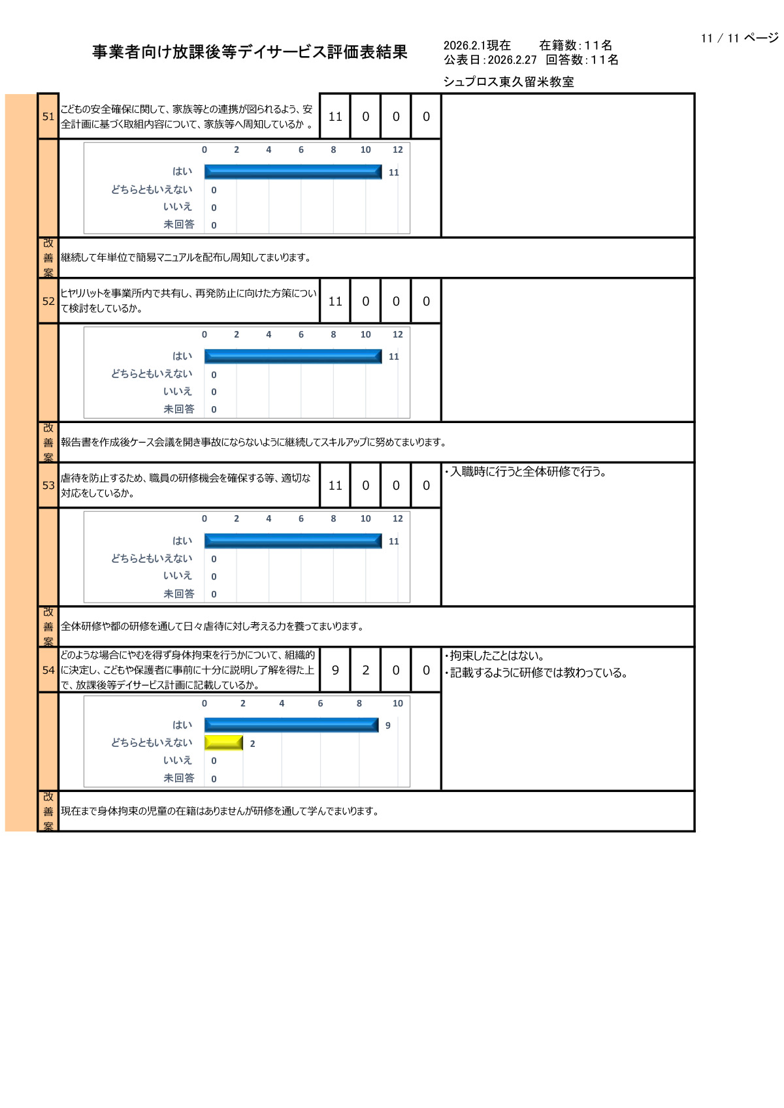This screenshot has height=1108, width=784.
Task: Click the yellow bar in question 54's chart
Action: pyautogui.click(x=223, y=742)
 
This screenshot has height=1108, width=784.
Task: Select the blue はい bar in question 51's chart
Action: pyautogui.click(x=293, y=172)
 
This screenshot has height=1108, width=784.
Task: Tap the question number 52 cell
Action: pyautogui.click(x=48, y=301)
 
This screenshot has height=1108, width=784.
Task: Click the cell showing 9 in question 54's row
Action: pyautogui.click(x=335, y=670)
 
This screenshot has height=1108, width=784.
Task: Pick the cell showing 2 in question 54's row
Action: pyautogui.click(x=366, y=670)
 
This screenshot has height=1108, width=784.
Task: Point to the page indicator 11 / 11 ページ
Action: pyautogui.click(x=739, y=38)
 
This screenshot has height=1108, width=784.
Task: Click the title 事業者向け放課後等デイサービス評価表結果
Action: pyautogui.click(x=250, y=52)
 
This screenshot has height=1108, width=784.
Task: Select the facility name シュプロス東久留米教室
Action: pyautogui.click(x=508, y=82)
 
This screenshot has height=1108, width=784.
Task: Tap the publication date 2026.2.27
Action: pyautogui.click(x=512, y=60)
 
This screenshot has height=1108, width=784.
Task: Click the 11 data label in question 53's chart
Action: pyautogui.click(x=393, y=541)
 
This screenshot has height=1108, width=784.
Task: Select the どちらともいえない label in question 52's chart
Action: pyautogui.click(x=152, y=373)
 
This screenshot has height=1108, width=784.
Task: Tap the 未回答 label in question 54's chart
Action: pyautogui.click(x=178, y=778)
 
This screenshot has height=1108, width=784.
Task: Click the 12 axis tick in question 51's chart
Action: pyautogui.click(x=397, y=150)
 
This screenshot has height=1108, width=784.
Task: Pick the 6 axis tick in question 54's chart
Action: pyautogui.click(x=320, y=703)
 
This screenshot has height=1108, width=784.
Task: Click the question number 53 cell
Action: pyautogui.click(x=48, y=485)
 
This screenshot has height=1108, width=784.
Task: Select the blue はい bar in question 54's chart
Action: pyautogui.click(x=291, y=725)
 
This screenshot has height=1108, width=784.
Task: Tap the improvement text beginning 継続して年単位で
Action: pyautogui.click(x=186, y=257)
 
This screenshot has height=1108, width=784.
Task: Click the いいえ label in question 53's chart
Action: pyautogui.click(x=178, y=575)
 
